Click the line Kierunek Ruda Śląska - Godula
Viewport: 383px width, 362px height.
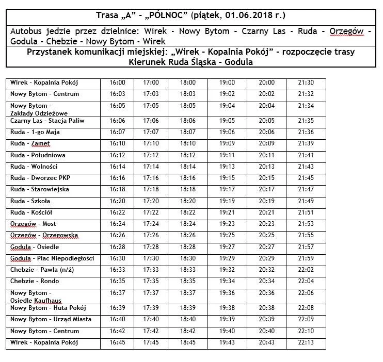191,62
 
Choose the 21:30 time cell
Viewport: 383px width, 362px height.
306,83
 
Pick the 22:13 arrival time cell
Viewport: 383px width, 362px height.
306,342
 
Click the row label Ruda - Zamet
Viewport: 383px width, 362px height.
30,143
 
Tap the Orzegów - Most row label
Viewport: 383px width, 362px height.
33,224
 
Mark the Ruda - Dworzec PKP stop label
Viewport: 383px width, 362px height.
40,178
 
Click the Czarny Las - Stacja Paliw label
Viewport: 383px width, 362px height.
47,121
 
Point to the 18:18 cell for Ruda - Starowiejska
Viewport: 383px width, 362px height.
188,189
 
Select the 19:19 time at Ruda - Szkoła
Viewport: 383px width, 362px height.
227,201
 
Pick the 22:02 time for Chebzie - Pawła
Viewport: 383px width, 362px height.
306,270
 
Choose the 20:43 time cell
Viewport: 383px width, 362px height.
266,342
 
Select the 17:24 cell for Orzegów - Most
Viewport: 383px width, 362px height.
151,224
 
